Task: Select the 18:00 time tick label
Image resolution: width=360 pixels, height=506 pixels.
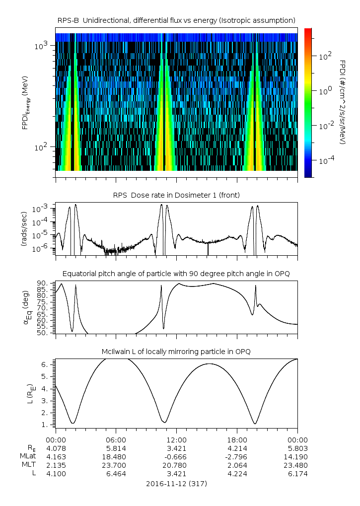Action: [x=237, y=440]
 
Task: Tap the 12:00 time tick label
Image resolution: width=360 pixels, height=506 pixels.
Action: [x=176, y=440]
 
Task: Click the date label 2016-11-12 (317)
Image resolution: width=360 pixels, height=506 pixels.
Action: [x=176, y=483]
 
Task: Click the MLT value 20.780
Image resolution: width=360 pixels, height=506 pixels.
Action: [x=176, y=465]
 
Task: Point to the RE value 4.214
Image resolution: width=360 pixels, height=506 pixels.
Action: [x=237, y=448]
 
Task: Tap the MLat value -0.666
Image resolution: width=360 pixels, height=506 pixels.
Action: [x=176, y=456]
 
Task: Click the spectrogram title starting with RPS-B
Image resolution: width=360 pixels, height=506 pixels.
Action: [x=176, y=20]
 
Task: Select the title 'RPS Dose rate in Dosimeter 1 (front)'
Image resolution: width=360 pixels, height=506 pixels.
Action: [x=176, y=195]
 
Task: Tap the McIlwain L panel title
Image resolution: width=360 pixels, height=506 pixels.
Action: [x=176, y=352]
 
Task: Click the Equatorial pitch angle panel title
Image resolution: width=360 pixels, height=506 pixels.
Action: [x=176, y=274]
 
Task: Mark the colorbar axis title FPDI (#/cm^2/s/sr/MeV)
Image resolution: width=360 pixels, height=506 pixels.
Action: [x=343, y=102]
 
